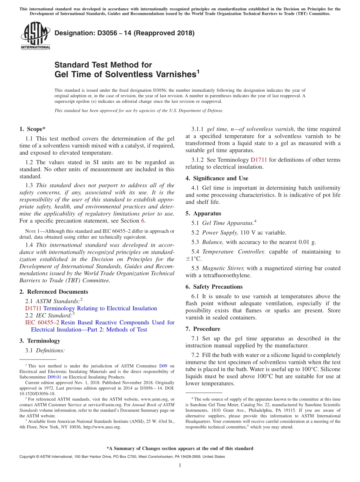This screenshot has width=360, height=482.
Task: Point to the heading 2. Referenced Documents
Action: pyautogui.click(x=53, y=292)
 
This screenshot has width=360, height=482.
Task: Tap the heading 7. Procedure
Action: pyautogui.click(x=203, y=329)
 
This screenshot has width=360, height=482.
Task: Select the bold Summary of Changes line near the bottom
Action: pyautogui.click(x=180, y=448)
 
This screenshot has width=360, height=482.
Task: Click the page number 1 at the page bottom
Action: pyautogui.click(x=180, y=466)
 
